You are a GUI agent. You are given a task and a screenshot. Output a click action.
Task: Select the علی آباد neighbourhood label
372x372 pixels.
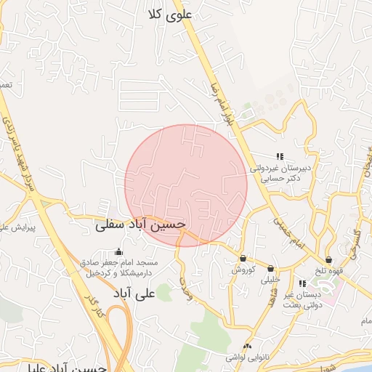(x=136, y=294)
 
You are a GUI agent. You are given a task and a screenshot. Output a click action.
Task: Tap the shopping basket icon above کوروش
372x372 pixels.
(x=243, y=259)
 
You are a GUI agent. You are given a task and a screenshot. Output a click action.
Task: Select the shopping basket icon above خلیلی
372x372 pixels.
(x=271, y=268)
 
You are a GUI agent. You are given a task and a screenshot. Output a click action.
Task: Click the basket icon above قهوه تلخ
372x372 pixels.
(x=328, y=259)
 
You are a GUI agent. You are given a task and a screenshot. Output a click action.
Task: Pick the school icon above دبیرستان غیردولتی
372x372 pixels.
(x=279, y=156)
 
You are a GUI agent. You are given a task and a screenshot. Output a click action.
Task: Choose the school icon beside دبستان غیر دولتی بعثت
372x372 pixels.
(x=302, y=283)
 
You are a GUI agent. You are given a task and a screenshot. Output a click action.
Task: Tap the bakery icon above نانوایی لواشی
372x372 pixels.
(x=248, y=347)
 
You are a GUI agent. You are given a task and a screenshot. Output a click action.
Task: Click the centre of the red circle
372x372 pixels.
(x=186, y=185)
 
